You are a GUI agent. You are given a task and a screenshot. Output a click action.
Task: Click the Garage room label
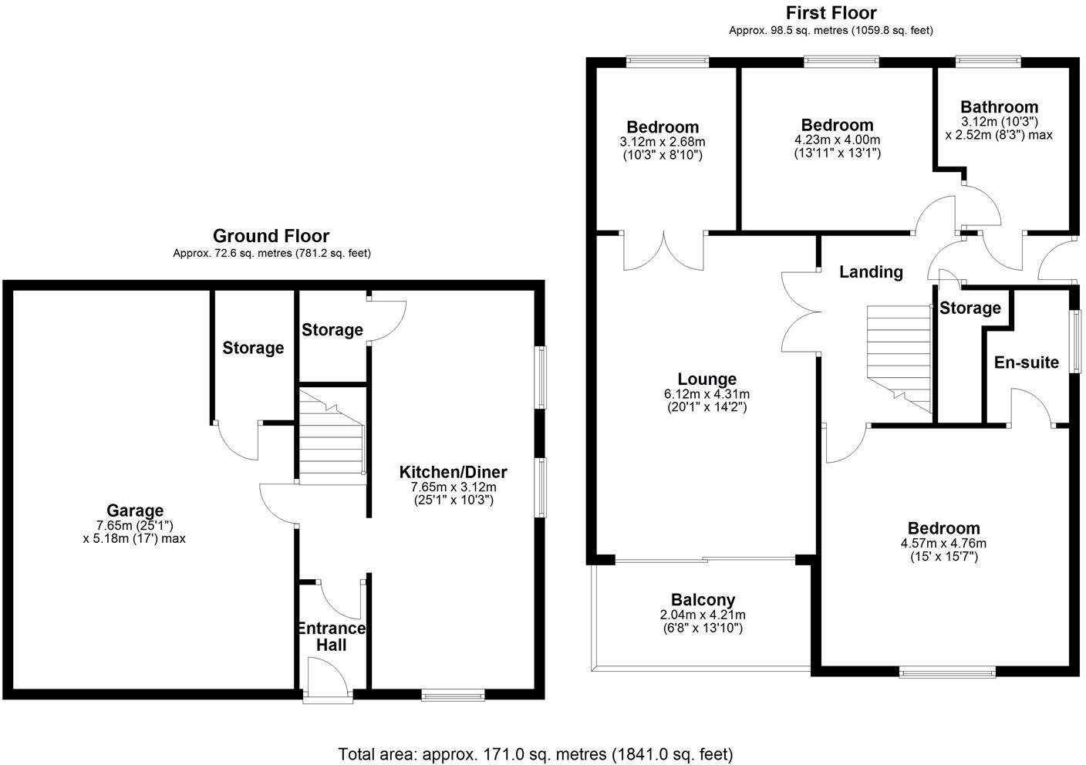click(x=135, y=511)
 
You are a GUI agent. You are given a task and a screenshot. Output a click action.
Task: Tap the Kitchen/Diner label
click(x=453, y=472)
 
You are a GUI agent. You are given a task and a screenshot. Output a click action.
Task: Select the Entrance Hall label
click(x=332, y=636)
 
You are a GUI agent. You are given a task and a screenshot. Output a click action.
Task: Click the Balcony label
click(x=703, y=600)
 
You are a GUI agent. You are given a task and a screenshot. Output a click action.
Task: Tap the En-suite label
click(x=1026, y=362)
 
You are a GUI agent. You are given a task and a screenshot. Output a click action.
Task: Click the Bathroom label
click(x=999, y=107)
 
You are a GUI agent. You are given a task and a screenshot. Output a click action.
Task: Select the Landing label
click(x=871, y=271)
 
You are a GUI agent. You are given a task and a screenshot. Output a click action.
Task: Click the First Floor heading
click(x=831, y=13)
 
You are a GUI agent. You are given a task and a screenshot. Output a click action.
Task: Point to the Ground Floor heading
click(x=271, y=236)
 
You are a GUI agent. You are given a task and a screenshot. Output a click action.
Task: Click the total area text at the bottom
click(x=535, y=753)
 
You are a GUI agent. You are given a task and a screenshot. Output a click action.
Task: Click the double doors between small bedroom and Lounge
click(x=664, y=250)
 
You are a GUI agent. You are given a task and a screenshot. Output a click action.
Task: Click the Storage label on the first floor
click(x=970, y=308)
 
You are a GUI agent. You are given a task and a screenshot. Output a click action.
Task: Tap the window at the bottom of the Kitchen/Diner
click(x=453, y=696)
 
